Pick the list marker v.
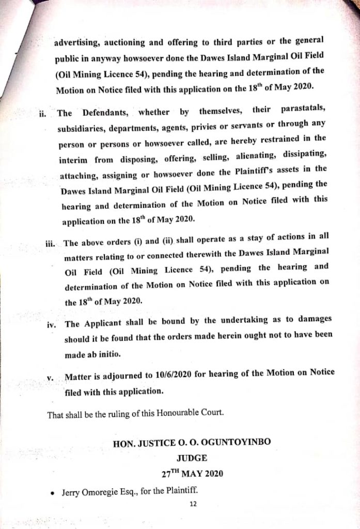[x=50, y=378]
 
